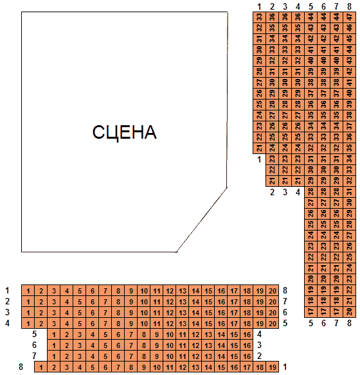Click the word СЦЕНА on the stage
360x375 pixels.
[x=125, y=132]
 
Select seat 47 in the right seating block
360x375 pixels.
[x=349, y=17]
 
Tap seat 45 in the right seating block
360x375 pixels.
[x=349, y=39]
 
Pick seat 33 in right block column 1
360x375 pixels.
[x=260, y=17]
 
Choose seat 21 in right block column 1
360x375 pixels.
[x=260, y=148]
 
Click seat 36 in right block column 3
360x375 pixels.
[x=285, y=17]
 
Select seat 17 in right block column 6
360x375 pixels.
[x=323, y=312]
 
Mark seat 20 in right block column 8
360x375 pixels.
[x=349, y=312]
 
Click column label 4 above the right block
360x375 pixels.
[x=298, y=6]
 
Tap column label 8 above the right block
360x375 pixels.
[x=349, y=6]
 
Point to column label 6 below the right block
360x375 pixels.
[x=323, y=324]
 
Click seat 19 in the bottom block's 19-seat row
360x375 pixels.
[x=273, y=367]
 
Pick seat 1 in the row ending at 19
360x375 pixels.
[x=41, y=367]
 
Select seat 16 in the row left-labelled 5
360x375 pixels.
[x=247, y=334]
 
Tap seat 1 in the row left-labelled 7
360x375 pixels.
[x=54, y=356]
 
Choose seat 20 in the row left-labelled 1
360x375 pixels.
[x=273, y=291]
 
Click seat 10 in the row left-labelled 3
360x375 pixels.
[x=144, y=312]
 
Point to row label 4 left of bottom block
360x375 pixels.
[x=8, y=324]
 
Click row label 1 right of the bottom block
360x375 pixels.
[x=285, y=367]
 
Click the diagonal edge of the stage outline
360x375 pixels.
[x=202, y=220]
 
